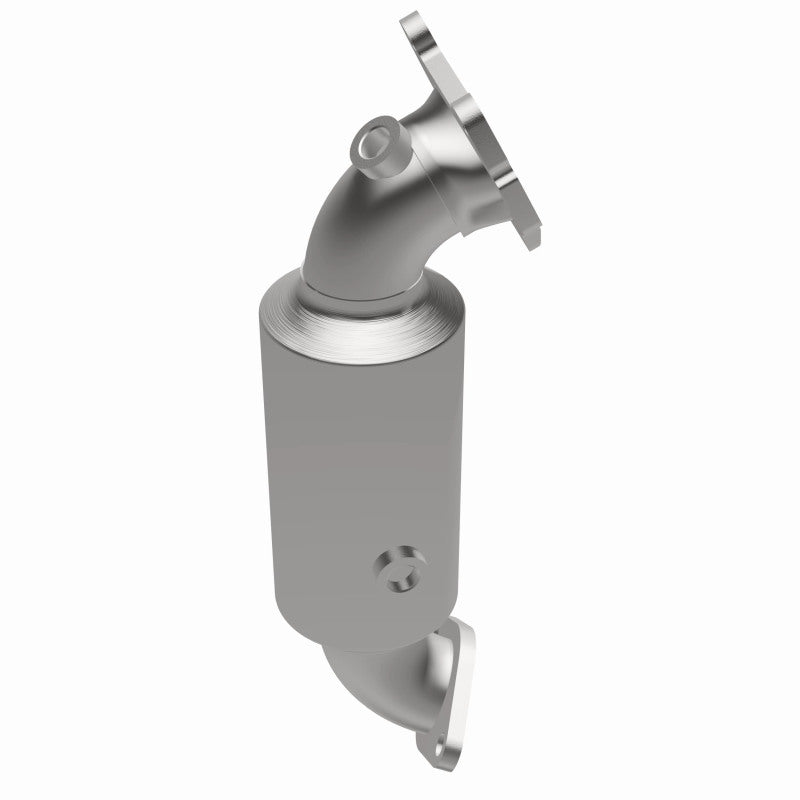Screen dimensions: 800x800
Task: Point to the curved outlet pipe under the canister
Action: pyautogui.click(x=400, y=690)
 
